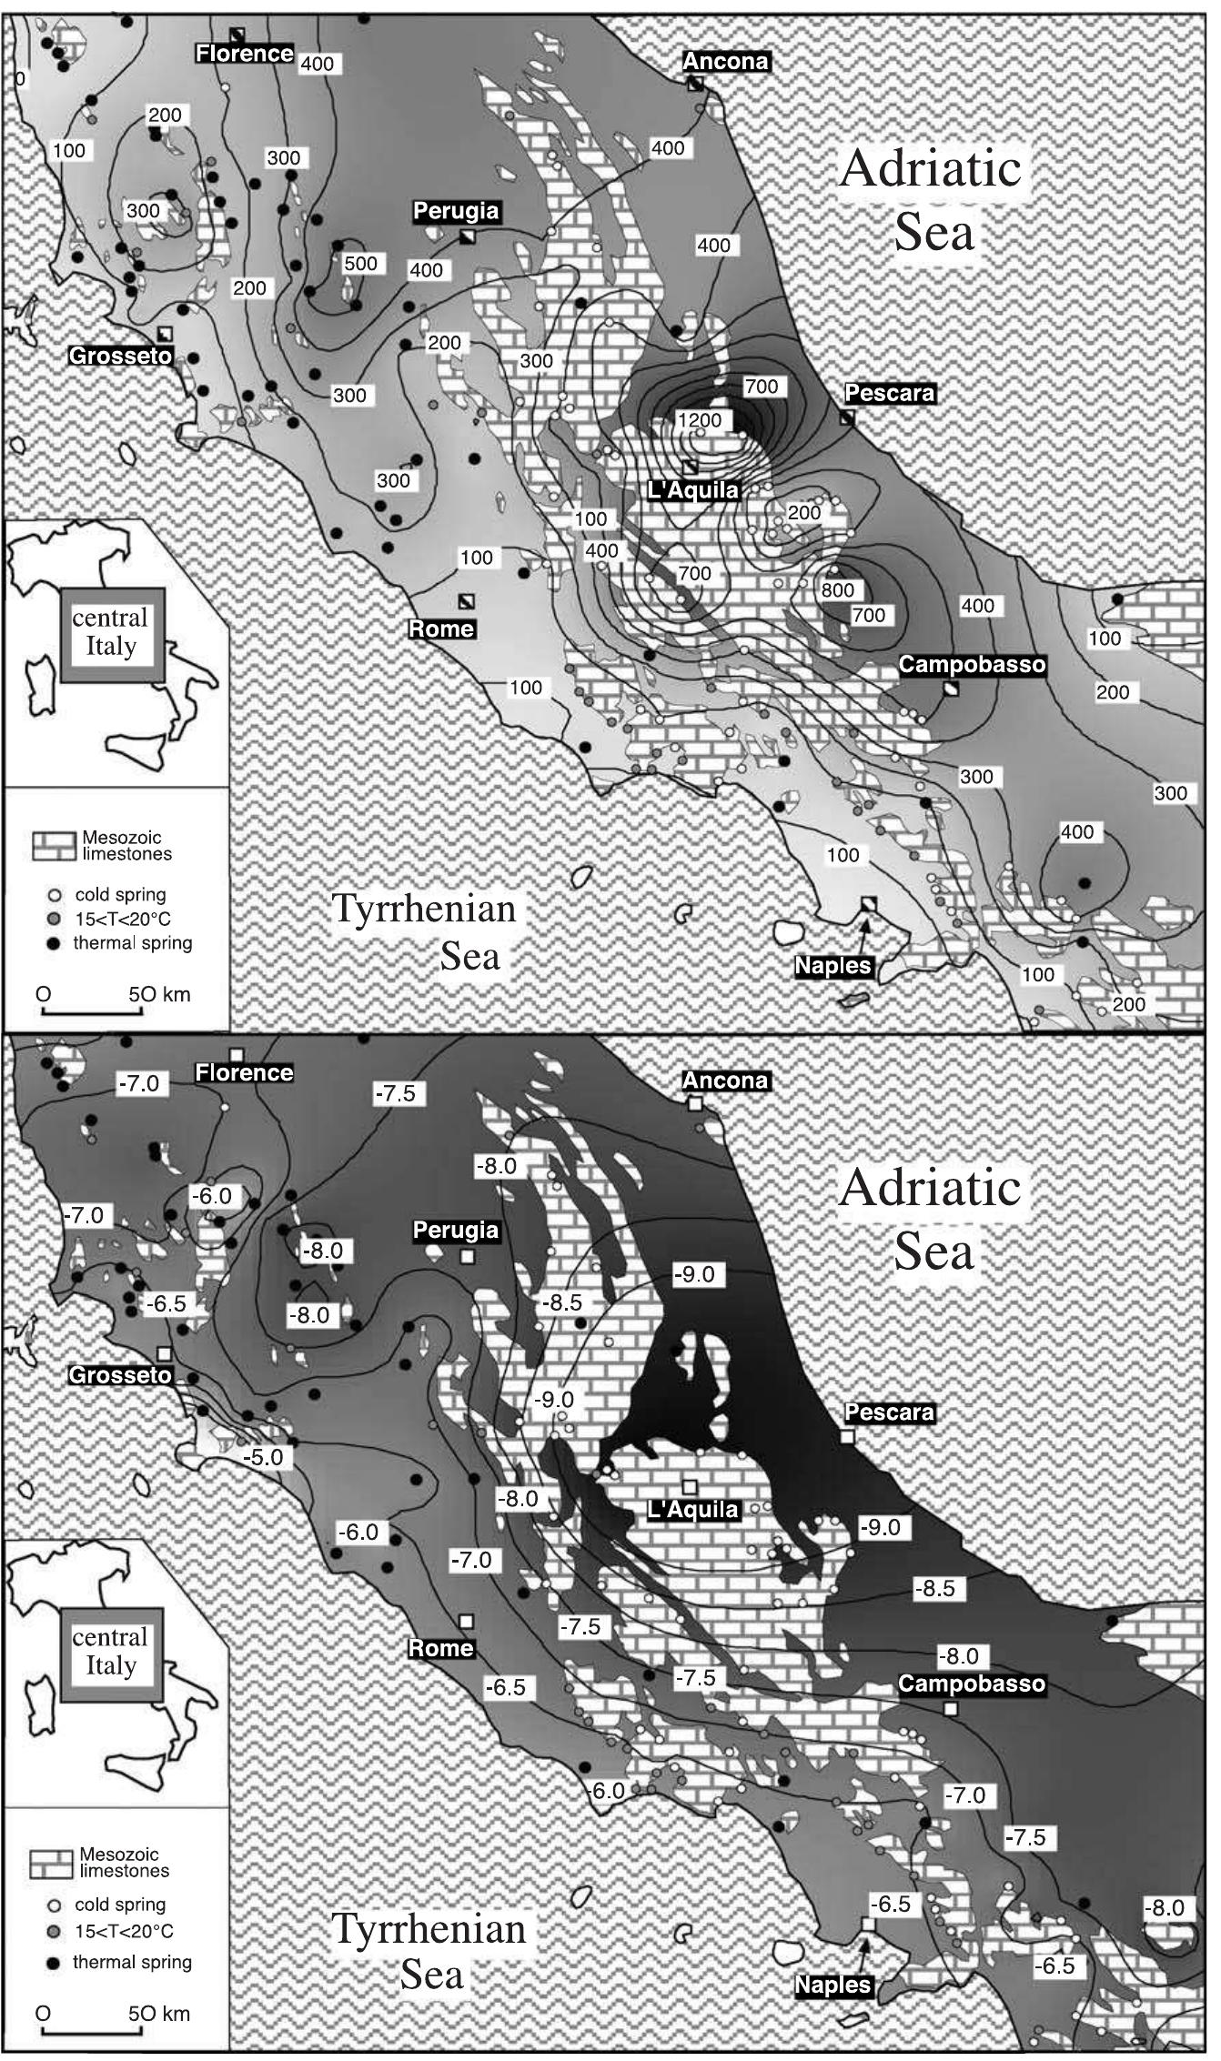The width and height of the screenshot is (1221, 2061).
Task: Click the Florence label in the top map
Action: [244, 54]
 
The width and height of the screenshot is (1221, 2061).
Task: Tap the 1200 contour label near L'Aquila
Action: [700, 420]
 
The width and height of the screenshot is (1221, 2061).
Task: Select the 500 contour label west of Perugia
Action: [360, 264]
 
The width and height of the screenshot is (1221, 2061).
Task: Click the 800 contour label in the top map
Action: [837, 589]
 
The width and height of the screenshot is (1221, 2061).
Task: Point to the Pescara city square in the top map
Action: [847, 418]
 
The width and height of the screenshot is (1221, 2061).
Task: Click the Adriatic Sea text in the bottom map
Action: [932, 1219]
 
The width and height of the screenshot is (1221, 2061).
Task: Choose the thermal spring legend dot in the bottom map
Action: [53, 1963]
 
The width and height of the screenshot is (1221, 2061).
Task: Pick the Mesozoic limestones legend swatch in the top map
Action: [53, 846]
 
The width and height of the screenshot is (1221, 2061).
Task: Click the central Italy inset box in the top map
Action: [111, 633]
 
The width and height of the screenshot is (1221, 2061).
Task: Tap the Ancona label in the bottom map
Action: [725, 1081]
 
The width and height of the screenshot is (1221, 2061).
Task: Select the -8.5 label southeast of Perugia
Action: [561, 1302]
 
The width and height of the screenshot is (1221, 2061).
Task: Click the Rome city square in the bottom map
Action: [466, 1621]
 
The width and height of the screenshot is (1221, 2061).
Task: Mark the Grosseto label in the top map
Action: [121, 356]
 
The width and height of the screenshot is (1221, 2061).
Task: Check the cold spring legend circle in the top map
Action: [53, 895]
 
